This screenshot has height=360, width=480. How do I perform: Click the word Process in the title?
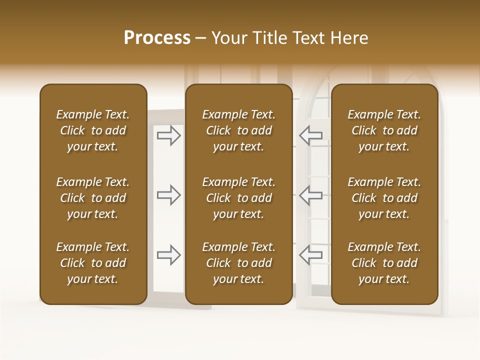click(157, 38)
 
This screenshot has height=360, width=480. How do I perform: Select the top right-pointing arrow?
click(169, 135)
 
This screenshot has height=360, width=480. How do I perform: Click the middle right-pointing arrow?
click(169, 195)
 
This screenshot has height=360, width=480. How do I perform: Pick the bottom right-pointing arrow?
click(169, 255)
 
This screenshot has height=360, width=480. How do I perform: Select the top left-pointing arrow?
click(310, 135)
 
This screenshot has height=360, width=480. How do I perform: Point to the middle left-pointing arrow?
click(310, 195)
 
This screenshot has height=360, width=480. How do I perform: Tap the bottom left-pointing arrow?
click(310, 255)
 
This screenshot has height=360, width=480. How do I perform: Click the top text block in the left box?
click(93, 130)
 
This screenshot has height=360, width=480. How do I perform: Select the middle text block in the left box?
click(93, 198)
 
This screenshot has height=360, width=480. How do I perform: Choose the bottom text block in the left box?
click(93, 263)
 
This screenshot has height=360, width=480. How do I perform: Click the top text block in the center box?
click(238, 130)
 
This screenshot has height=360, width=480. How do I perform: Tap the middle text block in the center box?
click(238, 198)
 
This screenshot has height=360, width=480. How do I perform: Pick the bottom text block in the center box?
click(238, 263)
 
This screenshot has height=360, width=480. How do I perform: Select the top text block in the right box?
click(384, 130)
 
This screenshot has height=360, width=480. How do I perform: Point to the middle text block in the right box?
click(384, 198)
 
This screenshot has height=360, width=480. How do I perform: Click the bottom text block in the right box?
click(384, 263)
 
